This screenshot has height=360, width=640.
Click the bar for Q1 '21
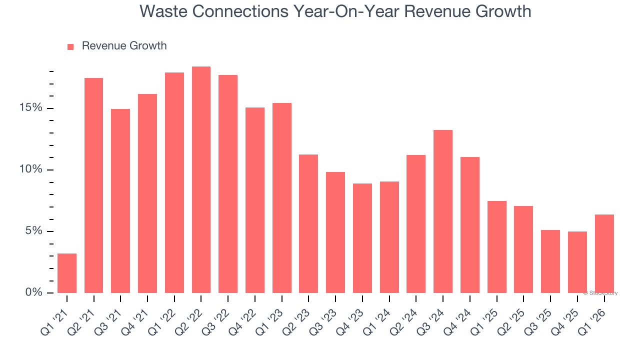coord(67,273)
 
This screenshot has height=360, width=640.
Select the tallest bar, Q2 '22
coord(201,180)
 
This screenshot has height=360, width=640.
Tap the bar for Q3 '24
coord(443,211)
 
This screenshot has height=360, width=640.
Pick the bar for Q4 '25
coord(577,262)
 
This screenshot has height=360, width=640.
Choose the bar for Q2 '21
coord(93,185)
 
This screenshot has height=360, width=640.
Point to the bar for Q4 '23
coord(362,238)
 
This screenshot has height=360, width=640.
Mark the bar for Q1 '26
coord(604,253)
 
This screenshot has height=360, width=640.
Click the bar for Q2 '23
coord(308,223)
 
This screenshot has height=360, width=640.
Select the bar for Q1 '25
coord(496,247)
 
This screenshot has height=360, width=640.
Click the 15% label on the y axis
coord(31,108)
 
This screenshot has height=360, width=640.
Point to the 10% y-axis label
coord(31,170)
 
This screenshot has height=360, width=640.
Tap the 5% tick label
coord(34,231)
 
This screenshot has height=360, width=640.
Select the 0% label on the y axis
coord(34,292)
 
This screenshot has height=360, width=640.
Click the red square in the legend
coord(70,46)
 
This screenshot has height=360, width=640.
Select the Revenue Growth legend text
coord(124,46)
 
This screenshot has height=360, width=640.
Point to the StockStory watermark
coord(600,293)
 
